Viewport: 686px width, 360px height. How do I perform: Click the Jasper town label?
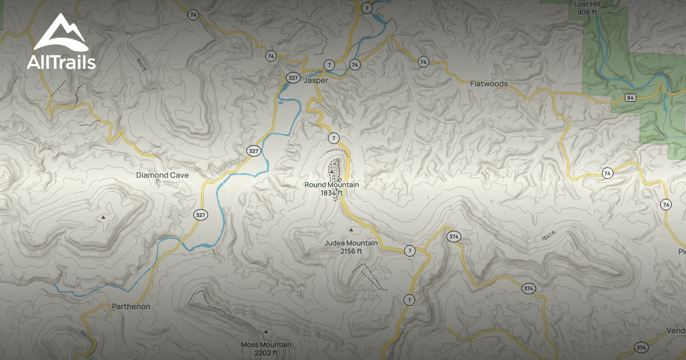(x=317, y=81)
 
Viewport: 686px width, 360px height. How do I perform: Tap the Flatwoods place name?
(x=489, y=83)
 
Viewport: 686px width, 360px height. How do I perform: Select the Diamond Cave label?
(x=162, y=175)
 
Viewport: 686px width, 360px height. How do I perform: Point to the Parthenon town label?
(x=131, y=306)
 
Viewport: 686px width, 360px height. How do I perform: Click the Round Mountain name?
(x=332, y=185)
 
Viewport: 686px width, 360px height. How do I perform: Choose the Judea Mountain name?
(x=351, y=243)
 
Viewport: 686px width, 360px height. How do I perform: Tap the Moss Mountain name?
(x=266, y=345)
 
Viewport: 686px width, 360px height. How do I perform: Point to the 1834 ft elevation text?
(x=332, y=193)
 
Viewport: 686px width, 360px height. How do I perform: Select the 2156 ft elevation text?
(x=351, y=251)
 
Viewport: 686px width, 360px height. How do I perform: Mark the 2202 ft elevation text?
(x=266, y=353)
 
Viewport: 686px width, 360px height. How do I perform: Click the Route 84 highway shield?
(x=630, y=97)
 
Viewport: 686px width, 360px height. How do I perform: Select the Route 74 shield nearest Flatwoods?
(x=423, y=62)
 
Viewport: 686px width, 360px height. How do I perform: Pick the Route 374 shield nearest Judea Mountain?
(x=454, y=236)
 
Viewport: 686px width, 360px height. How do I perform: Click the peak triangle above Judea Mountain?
(x=351, y=230)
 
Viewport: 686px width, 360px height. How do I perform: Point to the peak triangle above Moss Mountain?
(x=266, y=331)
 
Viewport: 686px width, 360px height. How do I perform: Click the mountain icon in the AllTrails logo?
(x=60, y=34)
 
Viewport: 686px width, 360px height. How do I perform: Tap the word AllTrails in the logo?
(x=61, y=62)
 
